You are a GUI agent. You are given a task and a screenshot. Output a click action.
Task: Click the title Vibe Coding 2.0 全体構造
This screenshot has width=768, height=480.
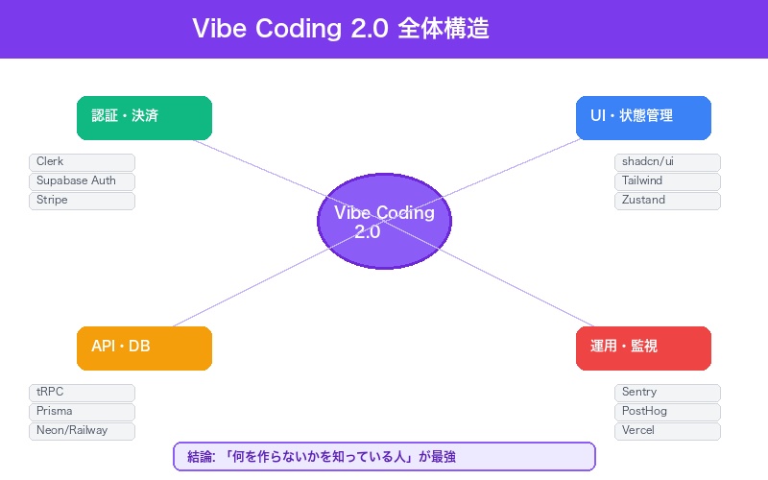point(341,28)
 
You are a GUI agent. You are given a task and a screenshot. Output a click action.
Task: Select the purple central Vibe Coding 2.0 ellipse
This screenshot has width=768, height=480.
point(384,222)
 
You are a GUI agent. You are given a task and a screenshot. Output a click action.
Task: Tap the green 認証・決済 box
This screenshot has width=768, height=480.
point(144,117)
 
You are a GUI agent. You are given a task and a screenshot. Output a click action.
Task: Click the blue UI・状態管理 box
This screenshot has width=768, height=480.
point(643,117)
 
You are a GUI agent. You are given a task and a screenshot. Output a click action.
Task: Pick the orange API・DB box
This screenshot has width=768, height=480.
point(144,348)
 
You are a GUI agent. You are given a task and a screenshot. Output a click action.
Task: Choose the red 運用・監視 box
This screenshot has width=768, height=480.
point(643,348)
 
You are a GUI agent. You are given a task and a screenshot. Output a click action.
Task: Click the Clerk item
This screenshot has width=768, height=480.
point(82,162)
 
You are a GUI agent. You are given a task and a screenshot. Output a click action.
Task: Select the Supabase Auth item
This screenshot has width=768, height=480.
point(82,181)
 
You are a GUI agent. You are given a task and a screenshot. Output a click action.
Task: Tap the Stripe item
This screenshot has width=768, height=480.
point(82,201)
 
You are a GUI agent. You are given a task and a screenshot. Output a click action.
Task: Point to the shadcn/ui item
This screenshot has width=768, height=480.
point(667,162)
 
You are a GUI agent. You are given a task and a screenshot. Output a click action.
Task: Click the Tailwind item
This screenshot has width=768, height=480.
point(667,181)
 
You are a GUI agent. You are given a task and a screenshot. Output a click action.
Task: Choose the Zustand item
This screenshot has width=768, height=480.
point(667,201)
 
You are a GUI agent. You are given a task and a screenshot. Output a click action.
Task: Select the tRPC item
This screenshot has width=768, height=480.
point(82,393)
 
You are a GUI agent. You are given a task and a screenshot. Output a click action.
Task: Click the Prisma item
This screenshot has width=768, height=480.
point(82,412)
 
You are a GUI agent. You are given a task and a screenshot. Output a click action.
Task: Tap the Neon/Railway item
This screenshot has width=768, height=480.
point(82,431)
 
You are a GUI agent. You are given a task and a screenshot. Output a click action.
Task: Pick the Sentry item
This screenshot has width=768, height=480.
point(667,393)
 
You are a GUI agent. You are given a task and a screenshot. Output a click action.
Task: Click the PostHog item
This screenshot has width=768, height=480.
point(667,412)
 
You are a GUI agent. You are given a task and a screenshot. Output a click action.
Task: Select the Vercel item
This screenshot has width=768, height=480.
point(667,431)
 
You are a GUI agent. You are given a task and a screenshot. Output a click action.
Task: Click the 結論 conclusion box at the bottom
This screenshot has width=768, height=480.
point(384,457)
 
